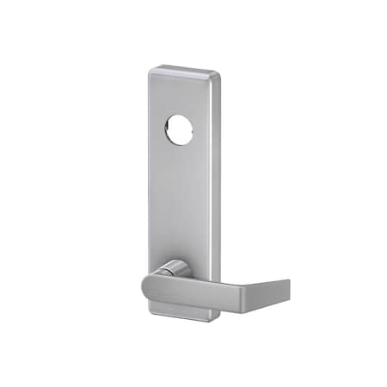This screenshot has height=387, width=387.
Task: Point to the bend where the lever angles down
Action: pos(260,278)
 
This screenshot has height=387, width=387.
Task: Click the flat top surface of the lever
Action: pos(206,274)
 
